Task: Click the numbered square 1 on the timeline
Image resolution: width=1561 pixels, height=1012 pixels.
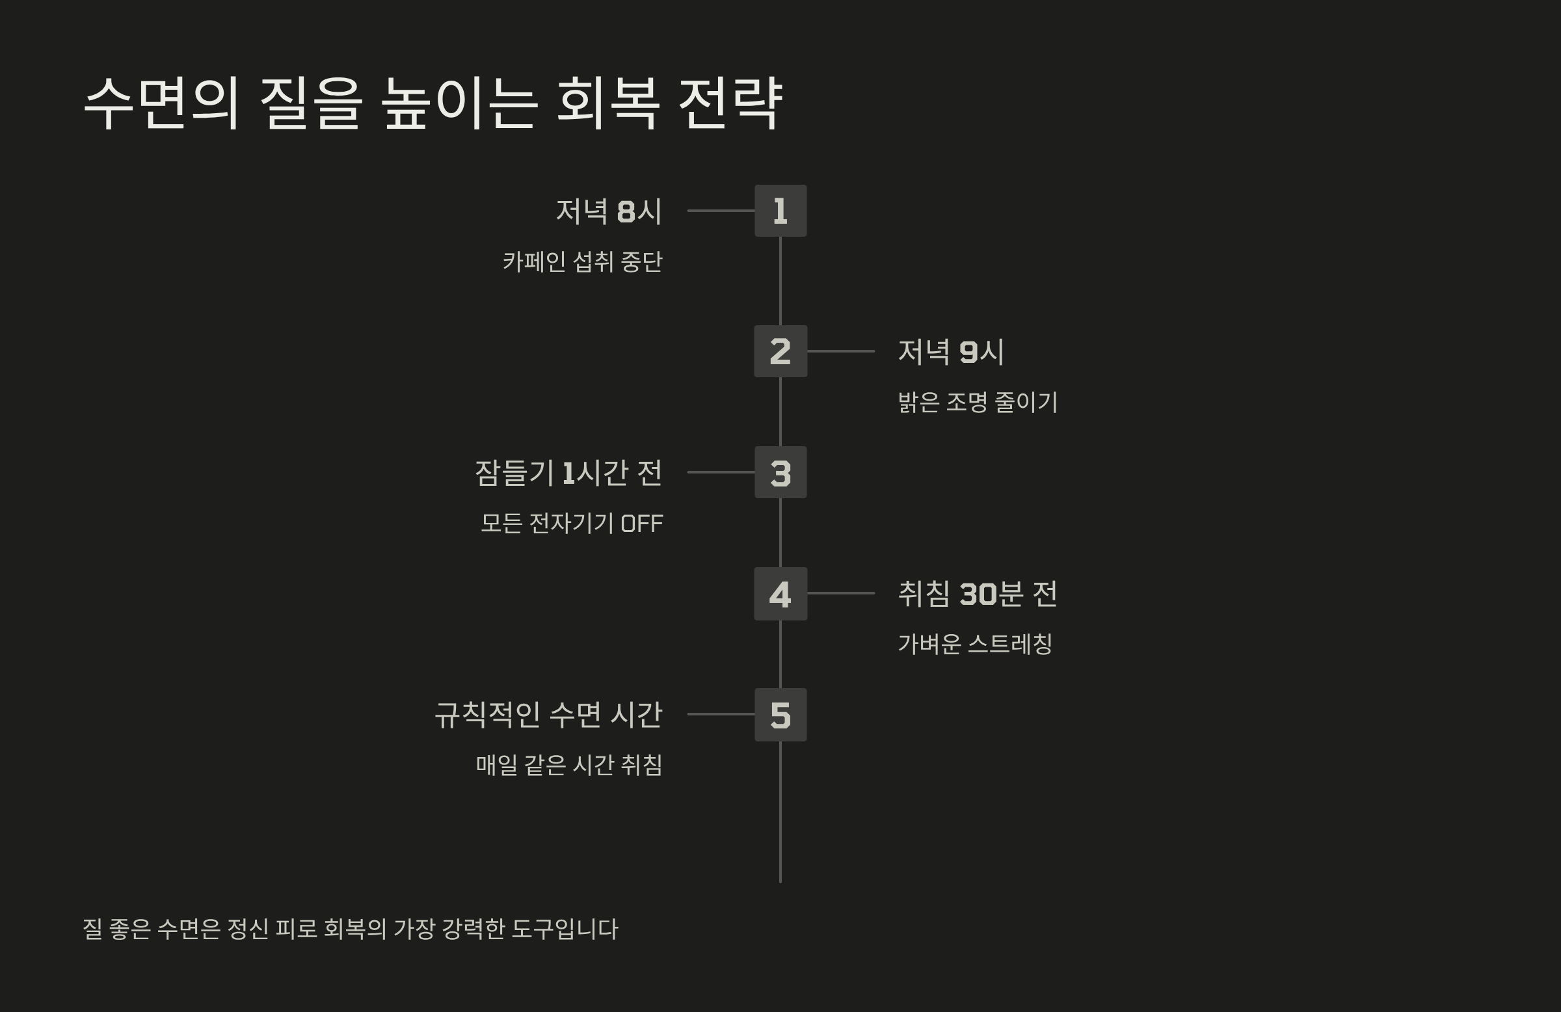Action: [780, 211]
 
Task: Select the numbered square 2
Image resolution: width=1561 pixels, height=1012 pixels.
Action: [780, 352]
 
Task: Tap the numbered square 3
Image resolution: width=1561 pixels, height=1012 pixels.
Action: [780, 472]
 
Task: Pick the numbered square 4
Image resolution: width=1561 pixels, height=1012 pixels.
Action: [780, 594]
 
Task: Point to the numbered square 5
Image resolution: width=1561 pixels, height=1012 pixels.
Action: [780, 715]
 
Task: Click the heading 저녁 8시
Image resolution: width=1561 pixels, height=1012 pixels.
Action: [609, 211]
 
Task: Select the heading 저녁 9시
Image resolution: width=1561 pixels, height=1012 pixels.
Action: [950, 352]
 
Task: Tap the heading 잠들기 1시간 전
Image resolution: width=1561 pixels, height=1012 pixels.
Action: [568, 473]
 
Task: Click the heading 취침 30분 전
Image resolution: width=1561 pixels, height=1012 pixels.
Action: [978, 594]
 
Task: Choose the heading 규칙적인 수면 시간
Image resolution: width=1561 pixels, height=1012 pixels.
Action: [548, 715]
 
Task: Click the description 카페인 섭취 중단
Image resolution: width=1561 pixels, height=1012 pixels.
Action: [582, 261]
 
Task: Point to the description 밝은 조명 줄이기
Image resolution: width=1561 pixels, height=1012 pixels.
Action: [978, 402]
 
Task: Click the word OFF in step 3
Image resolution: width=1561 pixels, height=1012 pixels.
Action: [641, 524]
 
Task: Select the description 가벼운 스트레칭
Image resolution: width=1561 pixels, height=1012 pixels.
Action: [974, 644]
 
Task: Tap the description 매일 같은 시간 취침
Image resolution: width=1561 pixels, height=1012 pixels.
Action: [568, 766]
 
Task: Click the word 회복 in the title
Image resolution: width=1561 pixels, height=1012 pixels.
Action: [607, 103]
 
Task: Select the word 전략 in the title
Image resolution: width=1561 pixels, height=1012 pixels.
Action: [730, 103]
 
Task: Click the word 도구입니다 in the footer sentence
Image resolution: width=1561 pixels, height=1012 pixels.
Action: [565, 929]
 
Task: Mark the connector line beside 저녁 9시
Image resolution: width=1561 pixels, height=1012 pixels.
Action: [841, 352]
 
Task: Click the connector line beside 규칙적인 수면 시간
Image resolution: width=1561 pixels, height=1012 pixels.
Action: [721, 714]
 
